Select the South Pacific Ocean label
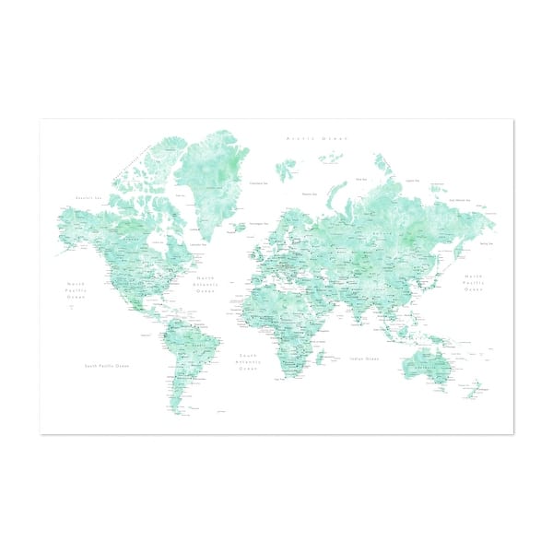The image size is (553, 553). click(x=107, y=366)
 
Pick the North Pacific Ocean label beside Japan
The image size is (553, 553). click(x=473, y=283)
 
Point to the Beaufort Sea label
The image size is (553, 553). click(x=88, y=198)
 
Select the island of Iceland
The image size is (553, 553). click(x=240, y=226)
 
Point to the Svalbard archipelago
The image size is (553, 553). click(x=287, y=169)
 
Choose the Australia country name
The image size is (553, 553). click(x=428, y=367)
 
